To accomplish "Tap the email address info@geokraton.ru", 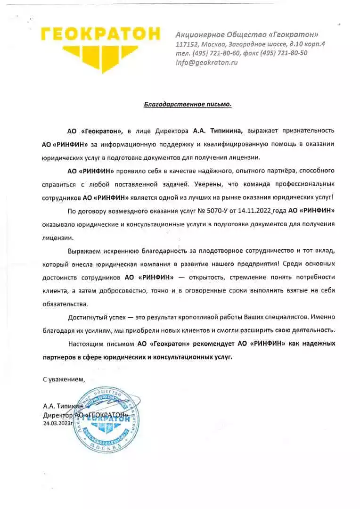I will click(x=206, y=62).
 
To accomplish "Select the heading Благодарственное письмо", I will click(x=188, y=104).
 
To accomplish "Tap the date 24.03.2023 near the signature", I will click(x=59, y=423).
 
